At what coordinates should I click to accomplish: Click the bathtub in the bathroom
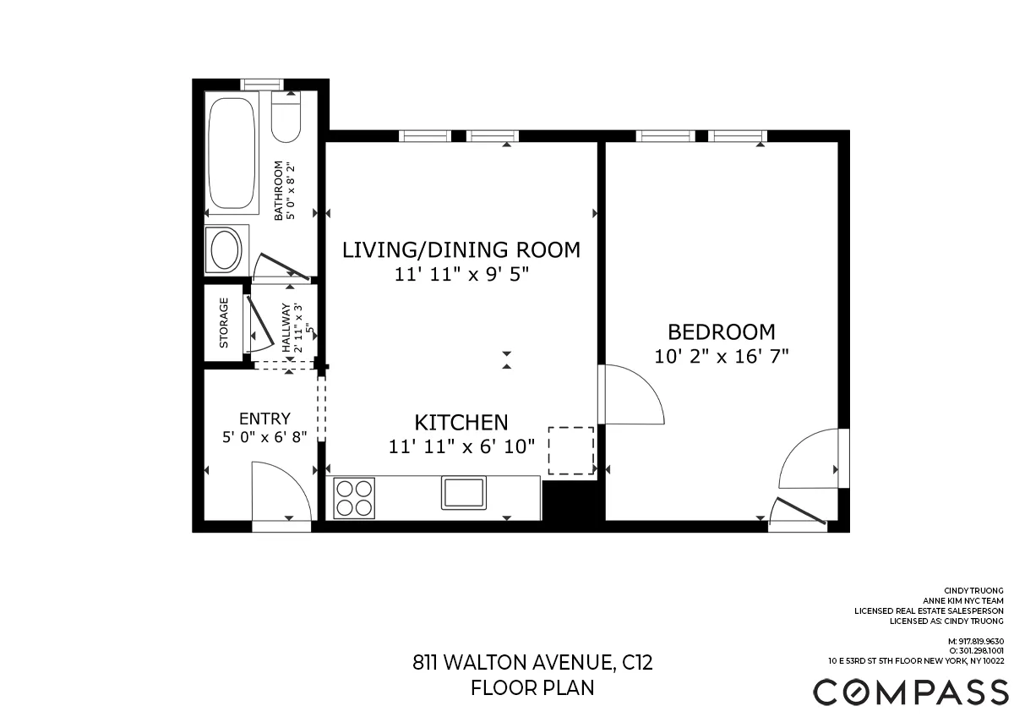click(232, 155)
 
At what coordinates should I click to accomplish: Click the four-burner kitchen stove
click(354, 498)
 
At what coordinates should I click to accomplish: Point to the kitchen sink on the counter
click(464, 493)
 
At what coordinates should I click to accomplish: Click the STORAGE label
click(224, 323)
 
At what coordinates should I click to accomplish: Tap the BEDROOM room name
click(721, 332)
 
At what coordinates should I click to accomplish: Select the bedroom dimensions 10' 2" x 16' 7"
click(721, 356)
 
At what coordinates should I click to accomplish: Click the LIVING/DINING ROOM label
click(461, 250)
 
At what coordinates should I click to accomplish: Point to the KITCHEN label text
click(461, 422)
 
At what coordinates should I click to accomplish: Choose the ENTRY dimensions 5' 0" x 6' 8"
click(264, 438)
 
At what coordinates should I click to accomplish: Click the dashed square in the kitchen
click(571, 451)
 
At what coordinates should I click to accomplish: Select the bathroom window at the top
click(261, 84)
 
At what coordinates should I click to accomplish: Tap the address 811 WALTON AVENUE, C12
click(532, 662)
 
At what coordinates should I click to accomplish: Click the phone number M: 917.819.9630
click(976, 642)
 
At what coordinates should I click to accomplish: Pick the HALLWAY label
click(286, 329)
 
